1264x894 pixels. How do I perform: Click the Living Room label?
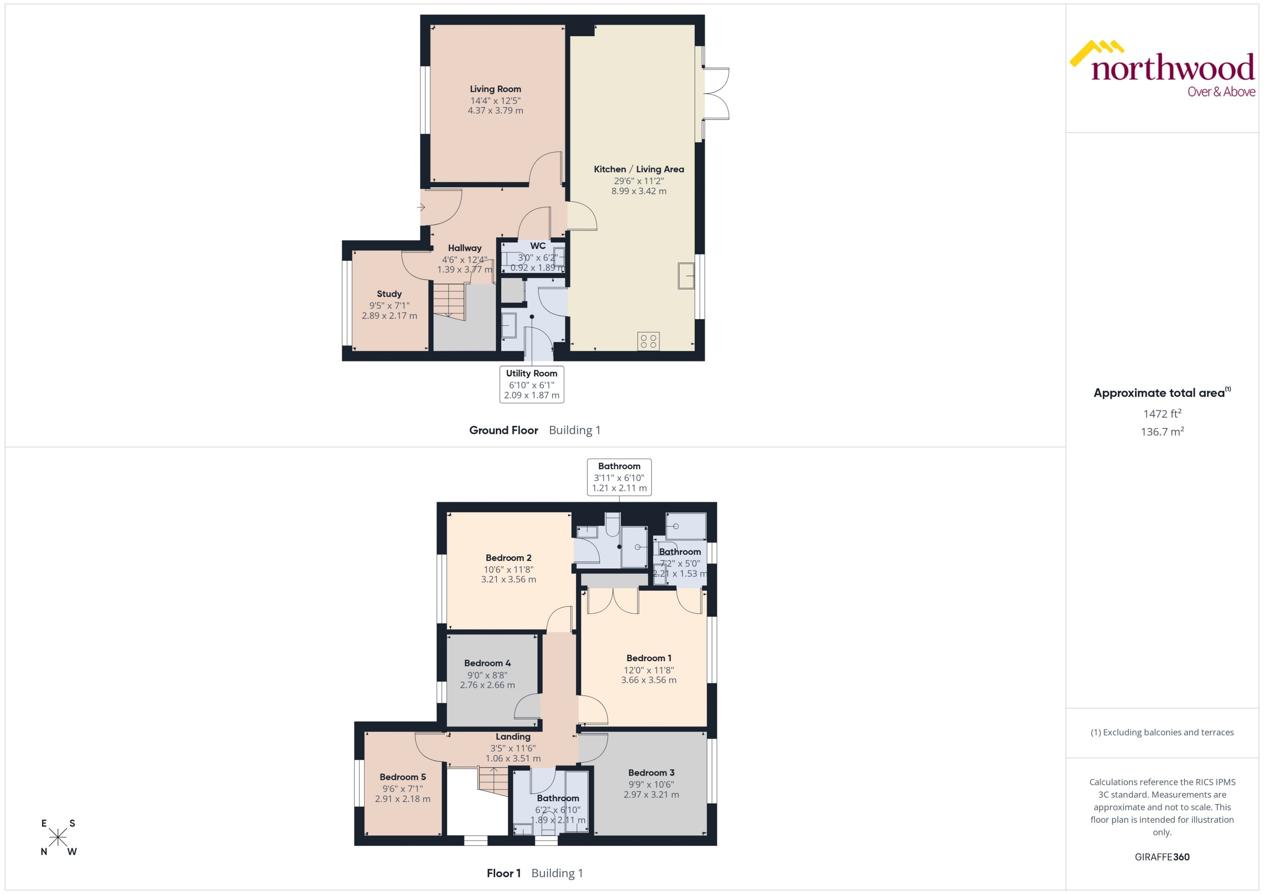[495, 89]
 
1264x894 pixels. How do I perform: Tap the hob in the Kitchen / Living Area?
[648, 341]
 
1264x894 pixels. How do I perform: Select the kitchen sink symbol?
[686, 275]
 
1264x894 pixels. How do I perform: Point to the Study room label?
[389, 294]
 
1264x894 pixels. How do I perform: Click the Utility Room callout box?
[532, 384]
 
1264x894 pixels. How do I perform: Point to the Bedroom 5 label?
[403, 777]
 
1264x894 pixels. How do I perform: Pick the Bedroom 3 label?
[651, 772]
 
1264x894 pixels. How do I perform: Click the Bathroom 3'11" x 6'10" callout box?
[619, 477]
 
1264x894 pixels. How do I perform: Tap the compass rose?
[58, 838]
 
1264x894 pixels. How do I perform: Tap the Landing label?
[513, 737]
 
